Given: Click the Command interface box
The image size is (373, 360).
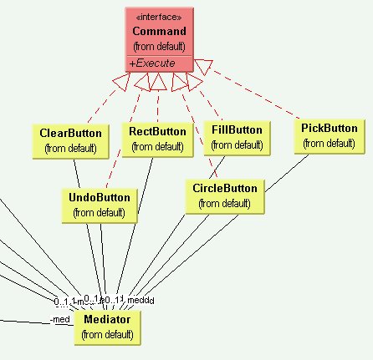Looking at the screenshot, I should [160, 38].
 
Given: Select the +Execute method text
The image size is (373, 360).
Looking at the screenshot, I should [148, 63].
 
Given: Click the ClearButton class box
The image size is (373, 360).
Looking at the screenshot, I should [70, 140].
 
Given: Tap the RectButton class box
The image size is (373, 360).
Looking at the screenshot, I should [157, 139].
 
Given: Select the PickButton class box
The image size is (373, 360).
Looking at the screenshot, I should [329, 135].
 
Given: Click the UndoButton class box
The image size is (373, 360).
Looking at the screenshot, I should [100, 205].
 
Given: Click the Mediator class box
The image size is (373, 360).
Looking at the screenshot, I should [107, 326].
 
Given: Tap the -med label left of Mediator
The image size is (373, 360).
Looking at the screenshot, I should [60, 320].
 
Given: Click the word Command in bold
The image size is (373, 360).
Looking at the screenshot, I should [159, 31].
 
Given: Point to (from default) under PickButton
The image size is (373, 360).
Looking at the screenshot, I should [329, 143].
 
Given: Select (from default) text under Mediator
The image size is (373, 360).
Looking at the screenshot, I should [107, 334].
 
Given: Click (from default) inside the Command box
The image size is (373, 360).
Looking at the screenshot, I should [159, 45].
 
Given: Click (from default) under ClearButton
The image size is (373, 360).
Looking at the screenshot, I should [70, 148].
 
